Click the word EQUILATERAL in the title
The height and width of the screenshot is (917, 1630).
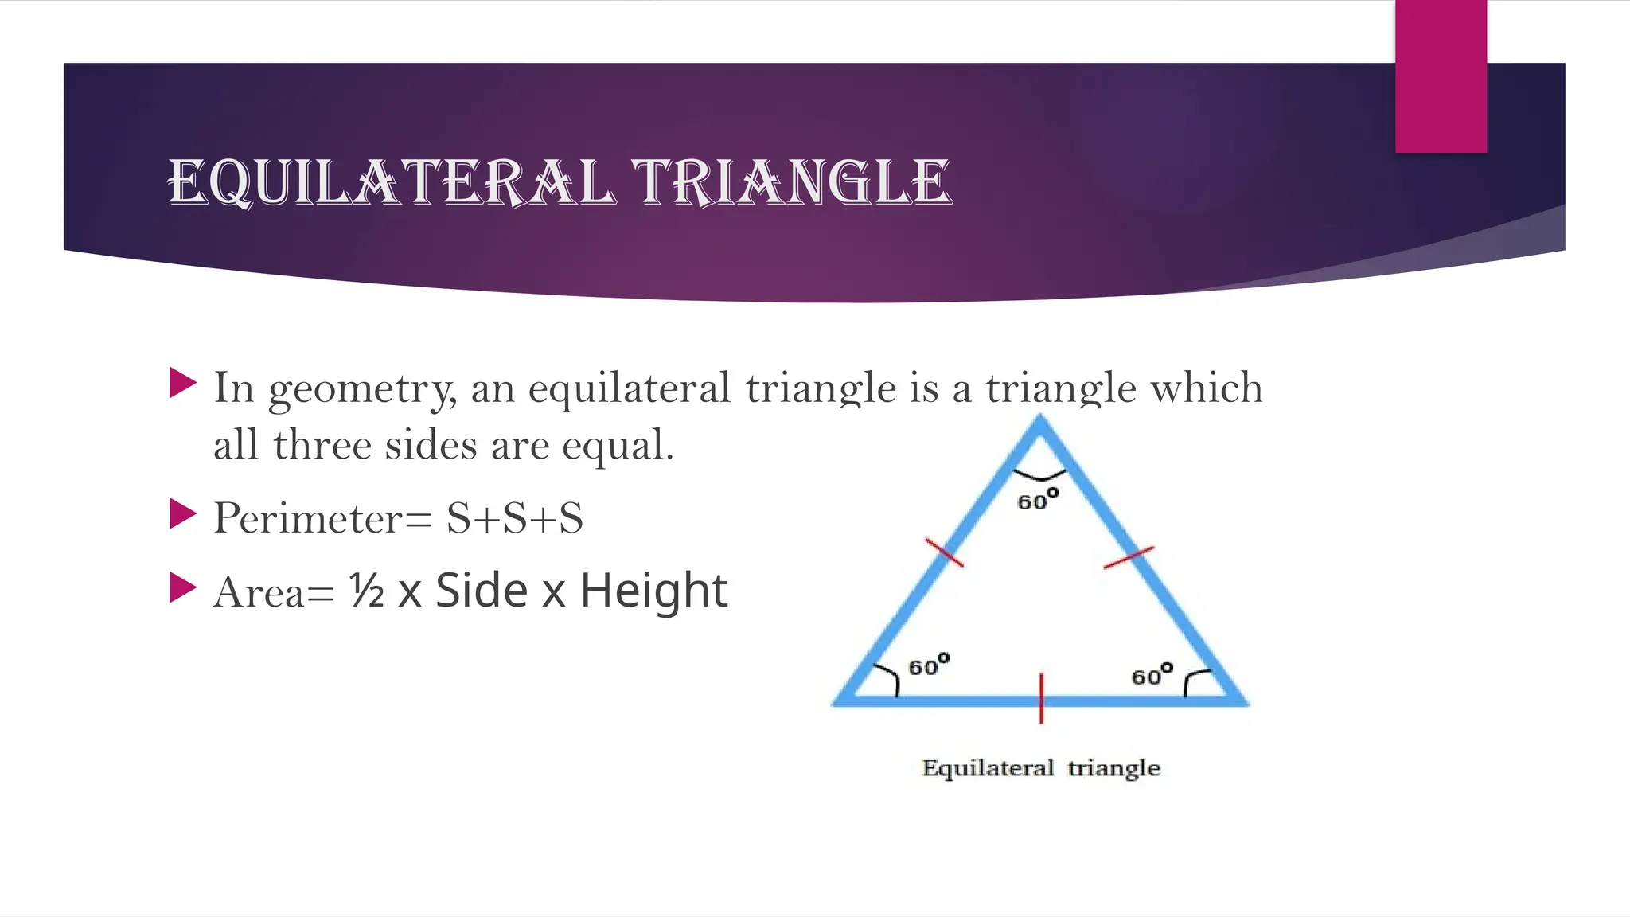[390, 182]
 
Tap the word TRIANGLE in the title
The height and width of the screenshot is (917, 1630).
[791, 182]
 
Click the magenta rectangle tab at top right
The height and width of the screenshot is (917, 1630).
[1441, 76]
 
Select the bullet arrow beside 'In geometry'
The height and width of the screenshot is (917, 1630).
[183, 383]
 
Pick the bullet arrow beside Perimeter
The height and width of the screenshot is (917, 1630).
[183, 514]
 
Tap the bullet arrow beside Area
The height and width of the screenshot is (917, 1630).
[183, 588]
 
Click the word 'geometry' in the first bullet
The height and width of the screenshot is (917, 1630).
[362, 389]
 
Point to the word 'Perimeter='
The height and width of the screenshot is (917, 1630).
[322, 518]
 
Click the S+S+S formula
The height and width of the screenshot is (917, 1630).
[514, 518]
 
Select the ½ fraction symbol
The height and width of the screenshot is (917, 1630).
[367, 591]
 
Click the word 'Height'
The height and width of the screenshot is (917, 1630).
[653, 591]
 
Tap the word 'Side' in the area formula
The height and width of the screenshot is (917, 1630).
[482, 591]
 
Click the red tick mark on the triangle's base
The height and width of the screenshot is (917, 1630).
[1041, 698]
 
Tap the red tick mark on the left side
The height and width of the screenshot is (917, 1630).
[944, 552]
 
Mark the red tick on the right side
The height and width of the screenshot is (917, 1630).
[1129, 557]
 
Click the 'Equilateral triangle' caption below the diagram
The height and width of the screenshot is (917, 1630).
[1040, 768]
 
